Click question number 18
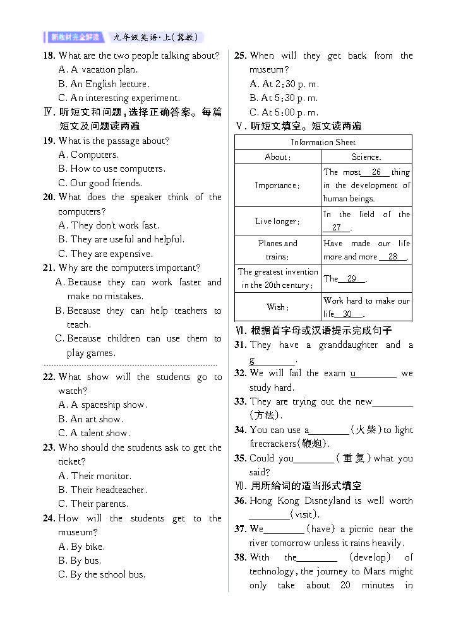pyautogui.click(x=49, y=56)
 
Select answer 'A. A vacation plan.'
pyautogui.click(x=98, y=70)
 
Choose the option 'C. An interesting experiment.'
pyautogui.click(x=119, y=98)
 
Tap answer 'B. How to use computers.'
pyautogui.click(x=112, y=169)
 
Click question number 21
pyautogui.click(x=49, y=268)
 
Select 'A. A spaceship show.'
pyautogui.click(x=102, y=405)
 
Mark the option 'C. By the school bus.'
pyautogui.click(x=102, y=574)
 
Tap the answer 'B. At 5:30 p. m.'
pyautogui.click(x=284, y=98)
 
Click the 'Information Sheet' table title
pyautogui.click(x=323, y=143)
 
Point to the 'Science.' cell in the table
pyautogui.click(x=366, y=157)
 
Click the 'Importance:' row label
pyautogui.click(x=277, y=186)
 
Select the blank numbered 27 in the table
pyautogui.click(x=337, y=228)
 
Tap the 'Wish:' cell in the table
pyautogui.click(x=277, y=307)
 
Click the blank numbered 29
pyautogui.click(x=352, y=278)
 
